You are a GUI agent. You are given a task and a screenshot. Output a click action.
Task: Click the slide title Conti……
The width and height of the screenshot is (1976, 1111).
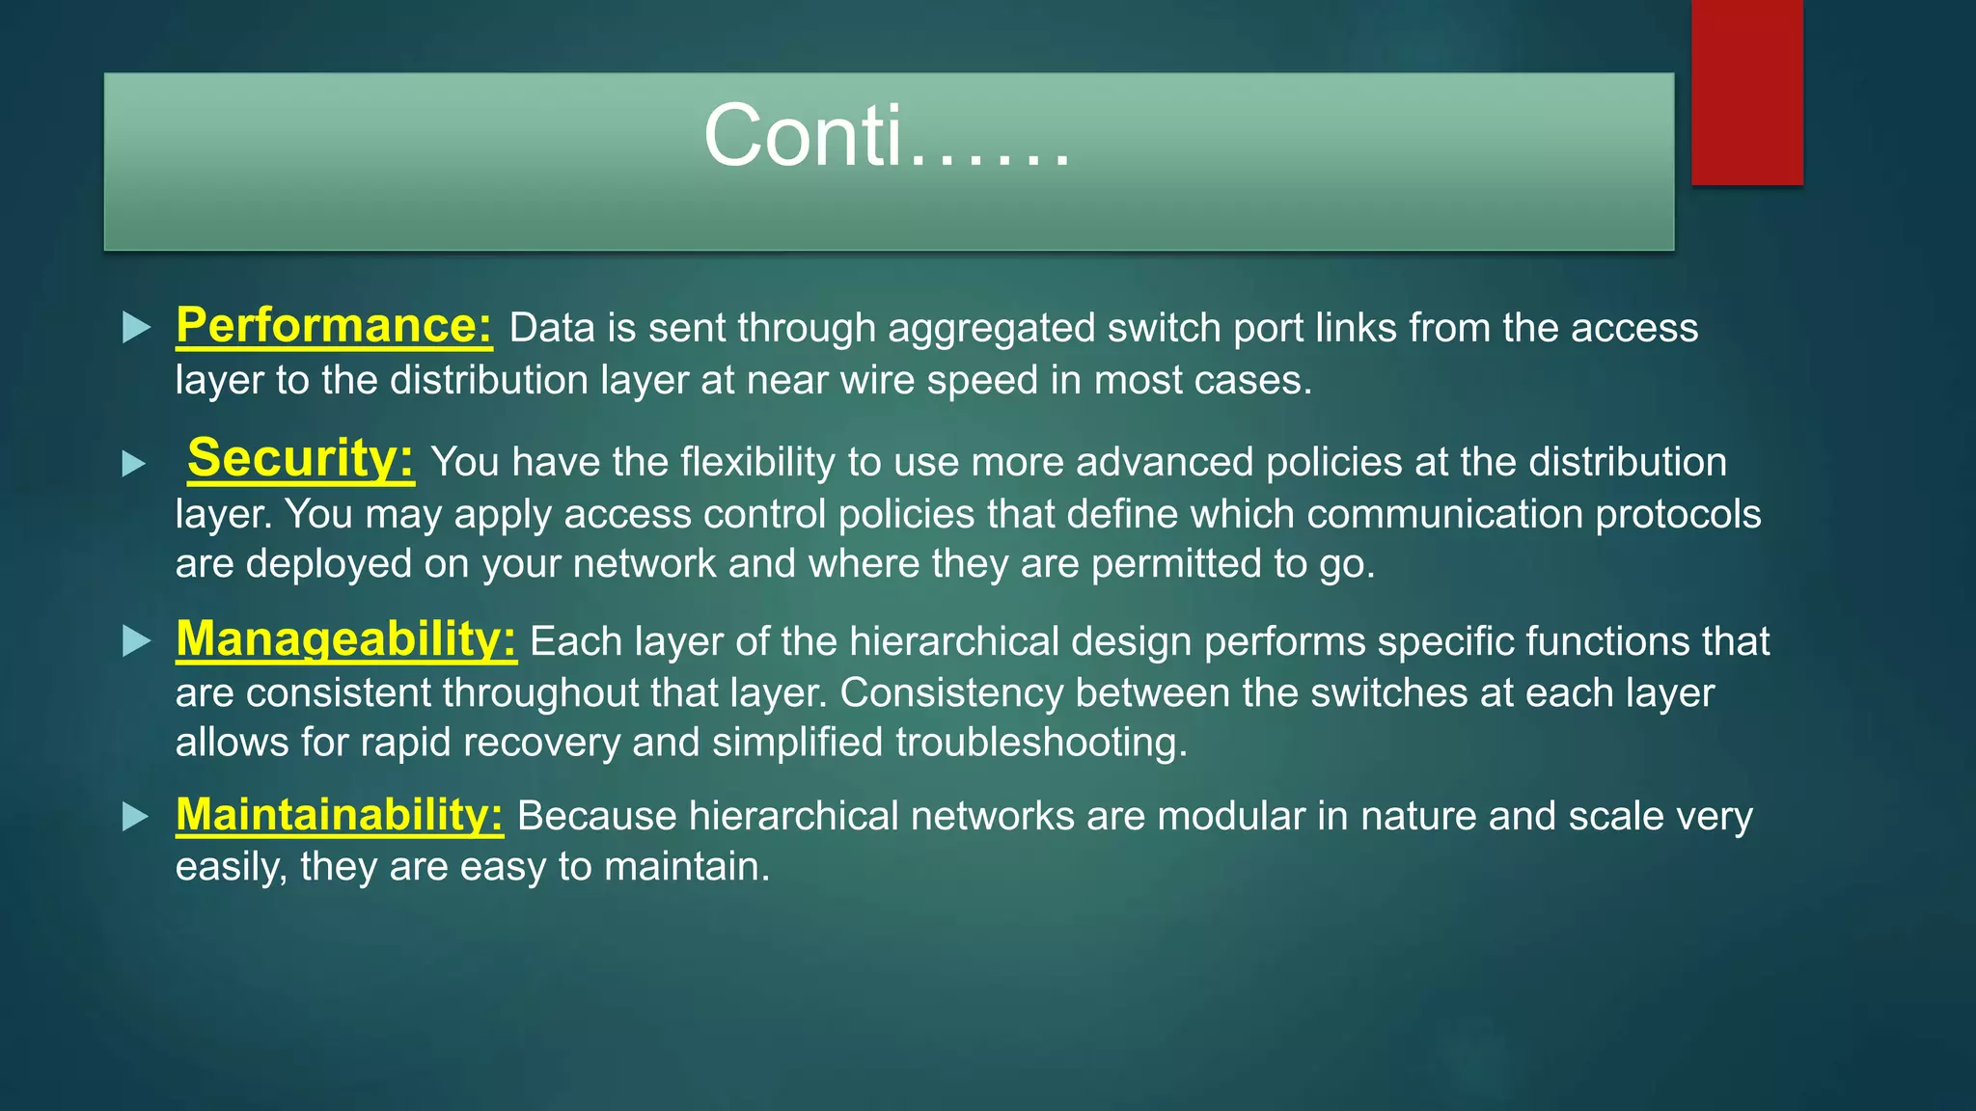(887, 137)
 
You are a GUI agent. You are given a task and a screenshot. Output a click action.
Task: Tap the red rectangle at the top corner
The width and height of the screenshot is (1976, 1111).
(1746, 92)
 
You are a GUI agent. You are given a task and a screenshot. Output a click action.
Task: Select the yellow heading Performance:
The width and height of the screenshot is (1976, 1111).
(334, 326)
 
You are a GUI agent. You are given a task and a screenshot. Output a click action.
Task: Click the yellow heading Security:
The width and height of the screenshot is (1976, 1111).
(300, 458)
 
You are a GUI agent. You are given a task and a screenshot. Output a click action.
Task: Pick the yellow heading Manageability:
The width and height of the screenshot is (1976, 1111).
(345, 639)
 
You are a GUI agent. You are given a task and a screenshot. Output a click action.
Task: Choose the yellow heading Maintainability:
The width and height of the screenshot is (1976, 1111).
(339, 815)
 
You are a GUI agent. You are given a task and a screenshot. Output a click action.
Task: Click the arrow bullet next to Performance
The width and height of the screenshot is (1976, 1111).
(137, 328)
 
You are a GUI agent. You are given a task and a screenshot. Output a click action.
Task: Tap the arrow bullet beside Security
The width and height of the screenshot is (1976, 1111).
(134, 465)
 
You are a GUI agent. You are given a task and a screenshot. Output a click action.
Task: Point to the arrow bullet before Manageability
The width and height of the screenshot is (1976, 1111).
(137, 641)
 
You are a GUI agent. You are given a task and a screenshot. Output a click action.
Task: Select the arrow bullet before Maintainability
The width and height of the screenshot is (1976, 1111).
(136, 818)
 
